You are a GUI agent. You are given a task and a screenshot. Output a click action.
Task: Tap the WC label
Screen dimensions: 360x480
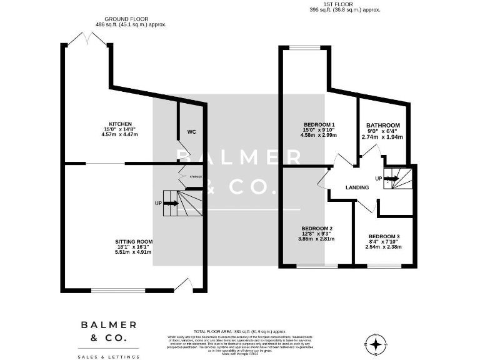(x=192, y=132)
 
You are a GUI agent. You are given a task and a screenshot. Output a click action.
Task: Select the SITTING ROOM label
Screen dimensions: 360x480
(x=133, y=241)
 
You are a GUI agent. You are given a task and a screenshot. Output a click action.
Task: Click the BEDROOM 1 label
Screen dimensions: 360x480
(x=319, y=124)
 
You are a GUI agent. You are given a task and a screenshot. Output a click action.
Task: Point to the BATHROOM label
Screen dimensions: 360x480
(x=382, y=125)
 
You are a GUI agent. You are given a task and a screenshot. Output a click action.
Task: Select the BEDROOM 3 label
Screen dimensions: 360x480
(x=382, y=236)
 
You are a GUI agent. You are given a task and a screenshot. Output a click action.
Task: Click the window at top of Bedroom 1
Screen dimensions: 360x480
(x=304, y=47)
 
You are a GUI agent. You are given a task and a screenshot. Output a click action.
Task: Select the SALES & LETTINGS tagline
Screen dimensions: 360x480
(x=108, y=356)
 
